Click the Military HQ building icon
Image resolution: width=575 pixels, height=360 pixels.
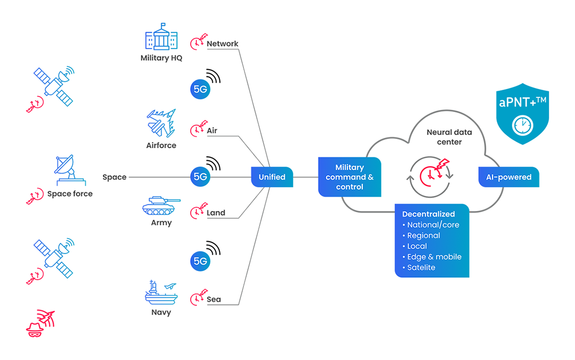tap(161, 36)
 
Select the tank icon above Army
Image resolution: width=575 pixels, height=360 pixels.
tap(161, 205)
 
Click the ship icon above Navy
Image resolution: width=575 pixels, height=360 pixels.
tap(161, 293)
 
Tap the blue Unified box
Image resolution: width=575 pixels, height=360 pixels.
tap(272, 177)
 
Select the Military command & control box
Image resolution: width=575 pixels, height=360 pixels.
tap(349, 177)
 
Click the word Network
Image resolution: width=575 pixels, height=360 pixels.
tap(222, 44)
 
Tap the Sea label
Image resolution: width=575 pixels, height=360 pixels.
tap(214, 299)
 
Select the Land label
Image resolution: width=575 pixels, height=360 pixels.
tap(216, 213)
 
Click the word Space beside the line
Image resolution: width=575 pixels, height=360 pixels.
tap(115, 177)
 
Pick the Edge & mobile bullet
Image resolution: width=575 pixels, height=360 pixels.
tap(434, 257)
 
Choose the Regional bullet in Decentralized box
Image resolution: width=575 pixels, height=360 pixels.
tap(423, 235)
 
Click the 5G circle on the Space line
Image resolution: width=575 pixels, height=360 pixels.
tap(200, 176)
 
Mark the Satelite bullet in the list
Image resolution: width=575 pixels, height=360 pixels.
tap(421, 267)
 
